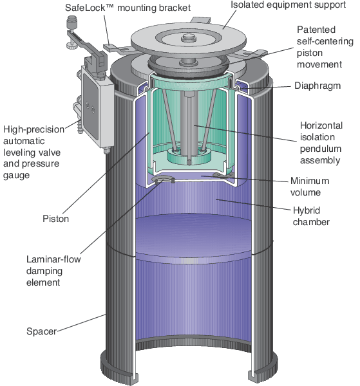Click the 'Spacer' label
coord(42,331)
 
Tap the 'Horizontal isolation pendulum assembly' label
coord(320,142)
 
